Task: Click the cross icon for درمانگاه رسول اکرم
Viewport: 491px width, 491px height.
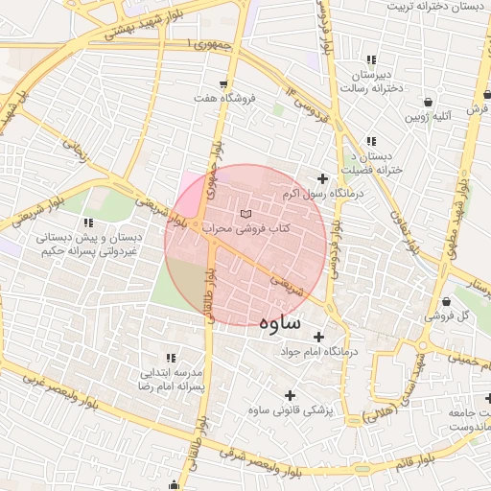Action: coord(322,178)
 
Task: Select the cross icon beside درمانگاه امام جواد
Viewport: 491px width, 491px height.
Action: coord(319,337)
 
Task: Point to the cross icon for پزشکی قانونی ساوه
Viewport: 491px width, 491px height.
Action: coord(290,394)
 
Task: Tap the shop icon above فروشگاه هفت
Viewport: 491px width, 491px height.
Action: coord(223,83)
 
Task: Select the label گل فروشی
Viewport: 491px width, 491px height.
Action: coord(451,315)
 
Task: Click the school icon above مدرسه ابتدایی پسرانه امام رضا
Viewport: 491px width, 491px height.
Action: coord(170,357)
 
